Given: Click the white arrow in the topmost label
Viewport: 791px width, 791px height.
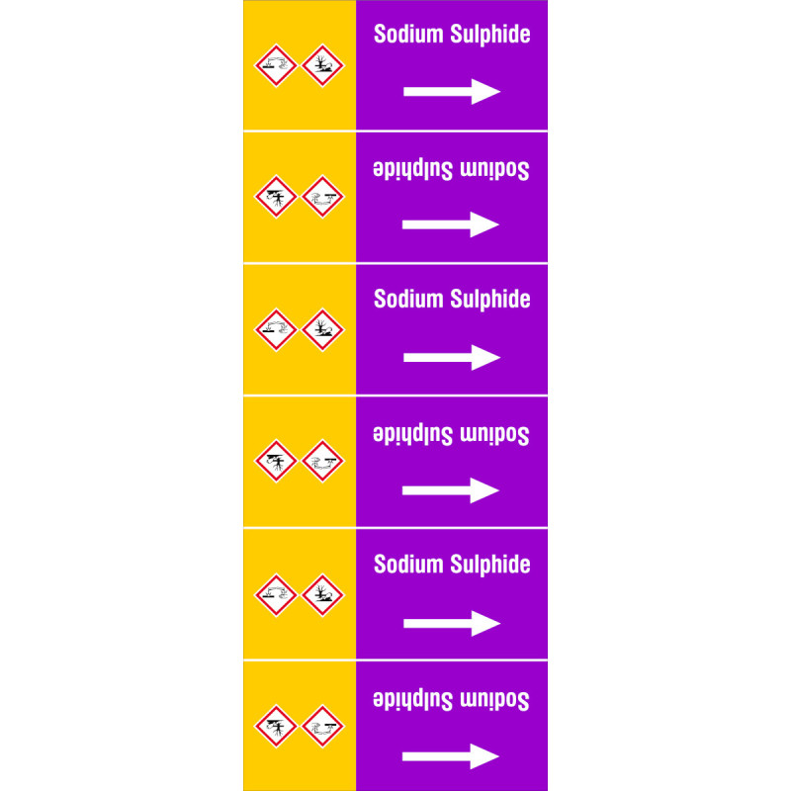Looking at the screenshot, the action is click(452, 92).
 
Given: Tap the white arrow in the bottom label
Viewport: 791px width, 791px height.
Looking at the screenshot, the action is click(451, 756).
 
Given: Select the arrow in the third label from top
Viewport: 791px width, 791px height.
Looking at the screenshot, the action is click(452, 358).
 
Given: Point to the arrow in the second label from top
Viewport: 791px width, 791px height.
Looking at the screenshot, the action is click(451, 224).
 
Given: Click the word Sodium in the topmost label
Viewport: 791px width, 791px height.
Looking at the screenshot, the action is click(408, 34).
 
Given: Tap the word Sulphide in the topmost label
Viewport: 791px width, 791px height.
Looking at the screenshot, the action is click(489, 35).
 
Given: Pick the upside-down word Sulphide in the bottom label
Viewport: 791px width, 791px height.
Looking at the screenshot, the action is click(412, 699).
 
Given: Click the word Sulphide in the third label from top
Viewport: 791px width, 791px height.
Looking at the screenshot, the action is click(489, 300).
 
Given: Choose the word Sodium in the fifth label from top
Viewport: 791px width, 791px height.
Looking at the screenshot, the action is click(408, 564).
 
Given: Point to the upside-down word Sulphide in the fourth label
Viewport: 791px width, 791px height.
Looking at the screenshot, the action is click(412, 434).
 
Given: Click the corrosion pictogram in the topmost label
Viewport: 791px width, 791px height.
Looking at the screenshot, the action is click(276, 65).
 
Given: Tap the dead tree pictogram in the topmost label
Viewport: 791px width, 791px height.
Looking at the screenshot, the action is click(323, 65).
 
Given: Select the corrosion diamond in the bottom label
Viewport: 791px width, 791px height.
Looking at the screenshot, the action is click(323, 726).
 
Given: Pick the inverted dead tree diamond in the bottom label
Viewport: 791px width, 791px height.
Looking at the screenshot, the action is click(276, 726).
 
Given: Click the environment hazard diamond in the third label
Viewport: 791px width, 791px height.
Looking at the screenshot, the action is click(323, 329).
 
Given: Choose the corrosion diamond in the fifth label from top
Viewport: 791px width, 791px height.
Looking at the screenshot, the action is click(276, 595).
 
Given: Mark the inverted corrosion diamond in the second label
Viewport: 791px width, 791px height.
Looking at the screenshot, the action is click(323, 197).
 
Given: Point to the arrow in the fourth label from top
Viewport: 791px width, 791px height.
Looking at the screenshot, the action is click(451, 490).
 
